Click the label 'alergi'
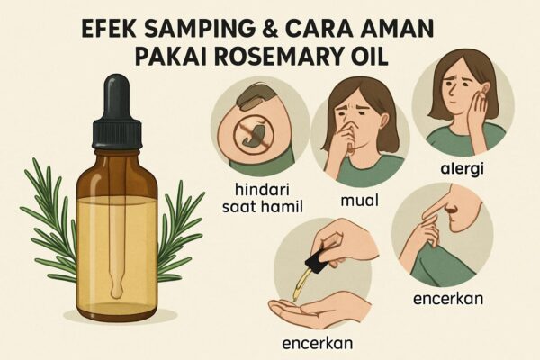point(463,169)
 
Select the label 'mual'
point(359,200)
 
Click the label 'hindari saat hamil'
point(262,198)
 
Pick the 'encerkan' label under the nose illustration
point(448,298)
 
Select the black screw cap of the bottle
point(116,134)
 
